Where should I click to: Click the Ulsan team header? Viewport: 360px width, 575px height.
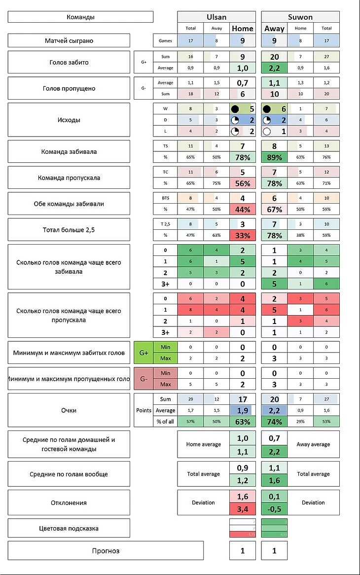[216, 17]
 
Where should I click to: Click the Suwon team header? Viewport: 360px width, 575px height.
[300, 17]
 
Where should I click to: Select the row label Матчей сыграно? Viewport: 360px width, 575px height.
[69, 40]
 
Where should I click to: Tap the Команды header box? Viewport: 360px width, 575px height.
[80, 17]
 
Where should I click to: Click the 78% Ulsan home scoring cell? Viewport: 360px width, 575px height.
[243, 157]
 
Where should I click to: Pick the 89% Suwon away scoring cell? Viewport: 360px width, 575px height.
[274, 157]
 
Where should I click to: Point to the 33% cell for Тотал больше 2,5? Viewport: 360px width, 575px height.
[243, 235]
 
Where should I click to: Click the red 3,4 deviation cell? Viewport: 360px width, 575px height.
[243, 508]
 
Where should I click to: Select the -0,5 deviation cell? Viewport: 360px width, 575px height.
[274, 508]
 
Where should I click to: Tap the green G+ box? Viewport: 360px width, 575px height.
[144, 353]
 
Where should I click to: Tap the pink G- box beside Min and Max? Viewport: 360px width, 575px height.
[144, 379]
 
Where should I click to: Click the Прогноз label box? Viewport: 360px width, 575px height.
[106, 550]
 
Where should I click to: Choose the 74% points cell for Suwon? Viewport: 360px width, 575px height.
[274, 422]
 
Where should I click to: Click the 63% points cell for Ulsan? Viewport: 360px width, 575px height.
[243, 422]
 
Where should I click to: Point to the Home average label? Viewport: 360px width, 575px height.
[203, 444]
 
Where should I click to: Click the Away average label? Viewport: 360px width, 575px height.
[313, 444]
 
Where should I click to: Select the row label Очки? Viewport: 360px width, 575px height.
[69, 410]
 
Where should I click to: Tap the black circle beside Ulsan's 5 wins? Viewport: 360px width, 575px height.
[235, 108]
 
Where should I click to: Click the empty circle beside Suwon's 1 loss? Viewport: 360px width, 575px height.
[267, 132]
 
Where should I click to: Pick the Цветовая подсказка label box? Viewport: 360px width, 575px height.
[69, 528]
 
